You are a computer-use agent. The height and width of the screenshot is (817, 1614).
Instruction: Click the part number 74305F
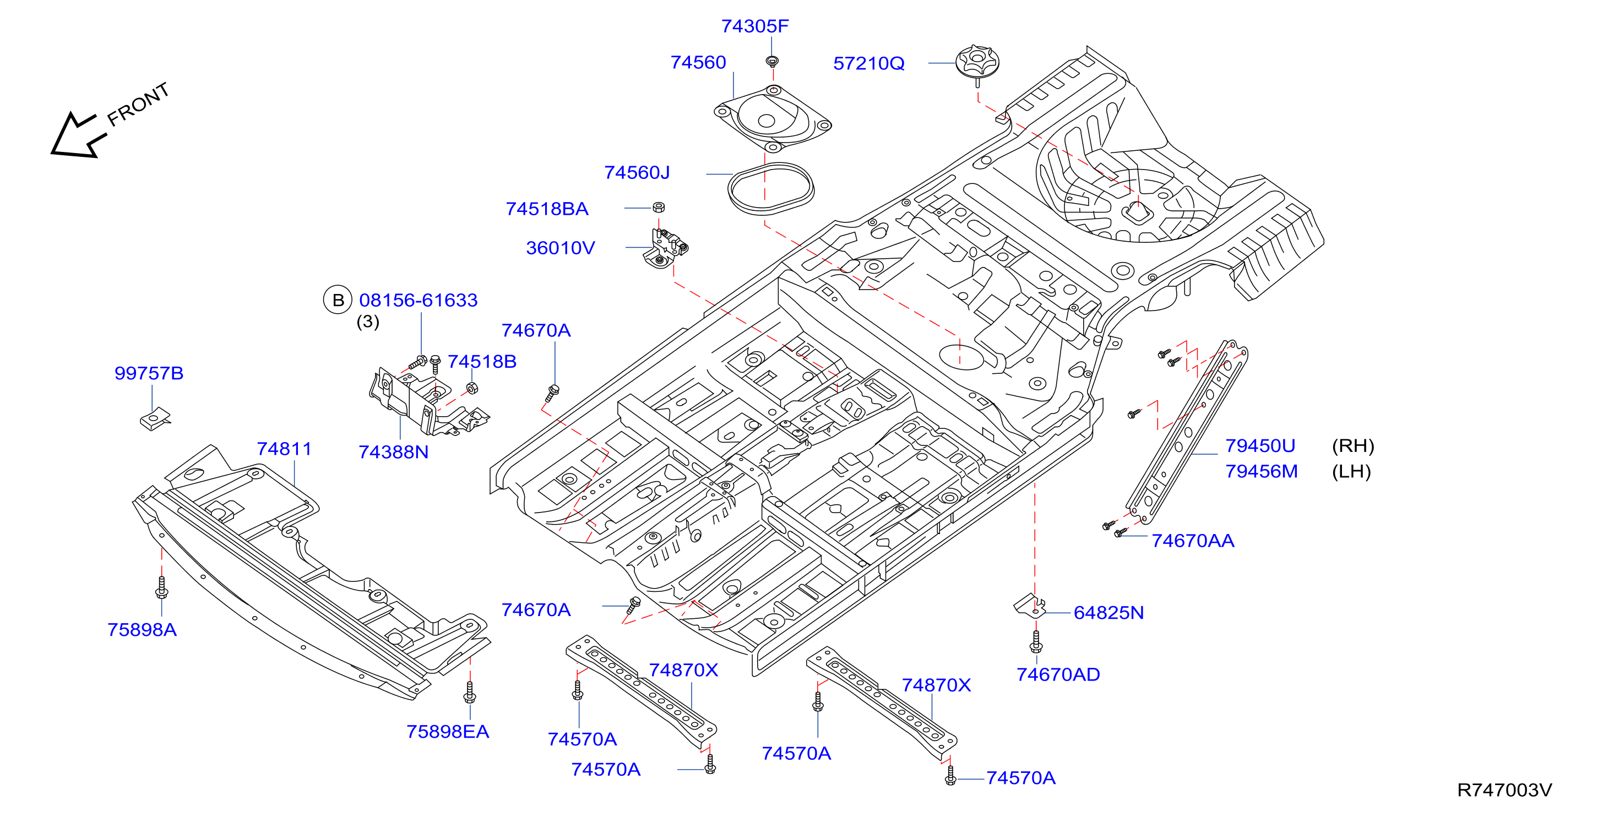(x=754, y=26)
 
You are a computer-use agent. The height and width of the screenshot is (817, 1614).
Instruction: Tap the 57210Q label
(x=868, y=63)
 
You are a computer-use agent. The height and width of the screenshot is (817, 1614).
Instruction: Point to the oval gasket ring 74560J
(x=771, y=188)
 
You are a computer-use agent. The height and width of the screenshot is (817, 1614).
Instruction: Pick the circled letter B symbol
(x=338, y=300)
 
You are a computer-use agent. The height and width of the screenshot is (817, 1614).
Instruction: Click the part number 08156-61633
(x=418, y=300)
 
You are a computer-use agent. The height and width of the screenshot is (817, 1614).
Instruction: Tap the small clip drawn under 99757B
(x=155, y=418)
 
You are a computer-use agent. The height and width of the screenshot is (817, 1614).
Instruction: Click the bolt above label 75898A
(x=162, y=587)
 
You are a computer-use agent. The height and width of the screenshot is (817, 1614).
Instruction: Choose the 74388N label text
(x=394, y=452)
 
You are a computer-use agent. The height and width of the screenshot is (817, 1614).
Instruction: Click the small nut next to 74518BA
(x=659, y=208)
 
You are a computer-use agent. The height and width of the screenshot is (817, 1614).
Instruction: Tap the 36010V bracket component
(x=665, y=249)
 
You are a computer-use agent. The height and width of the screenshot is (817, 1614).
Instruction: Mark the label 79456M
(x=1261, y=471)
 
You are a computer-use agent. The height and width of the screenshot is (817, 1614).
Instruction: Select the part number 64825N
(x=1108, y=613)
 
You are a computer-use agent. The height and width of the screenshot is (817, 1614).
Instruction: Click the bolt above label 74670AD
(x=1036, y=641)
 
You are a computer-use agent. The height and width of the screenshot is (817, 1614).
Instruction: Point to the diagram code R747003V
(x=1504, y=790)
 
